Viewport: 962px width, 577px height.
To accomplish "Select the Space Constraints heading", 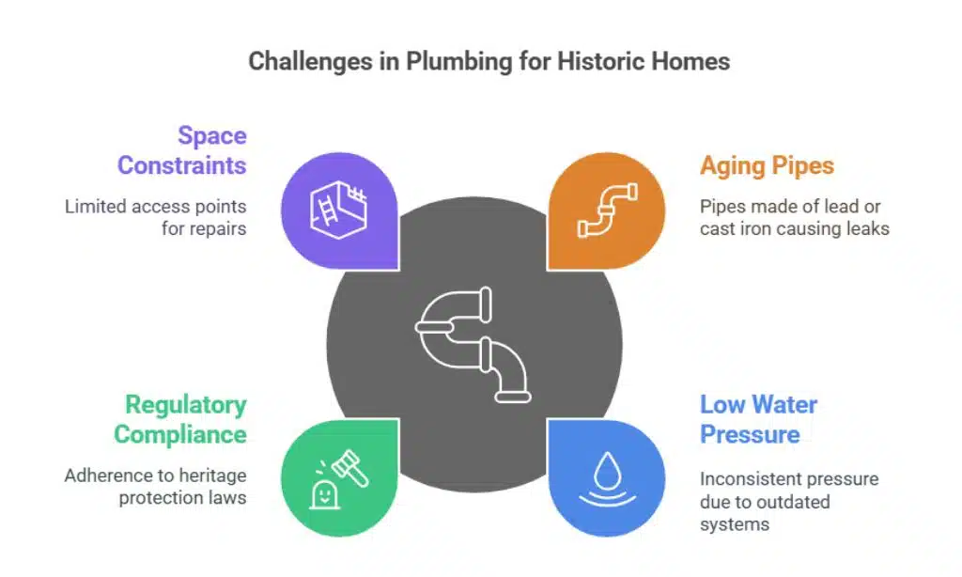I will (x=181, y=150).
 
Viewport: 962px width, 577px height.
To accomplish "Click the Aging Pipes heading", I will (x=767, y=166).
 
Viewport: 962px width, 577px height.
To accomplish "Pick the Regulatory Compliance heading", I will (x=179, y=420).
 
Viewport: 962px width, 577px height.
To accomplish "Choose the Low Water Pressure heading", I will (x=758, y=420).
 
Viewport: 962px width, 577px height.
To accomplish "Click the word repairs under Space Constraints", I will (x=217, y=228).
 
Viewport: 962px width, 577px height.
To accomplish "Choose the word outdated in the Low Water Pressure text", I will (x=793, y=501).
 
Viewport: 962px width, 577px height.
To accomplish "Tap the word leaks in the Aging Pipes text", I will (x=866, y=228).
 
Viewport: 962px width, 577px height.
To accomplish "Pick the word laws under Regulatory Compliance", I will (x=228, y=498).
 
